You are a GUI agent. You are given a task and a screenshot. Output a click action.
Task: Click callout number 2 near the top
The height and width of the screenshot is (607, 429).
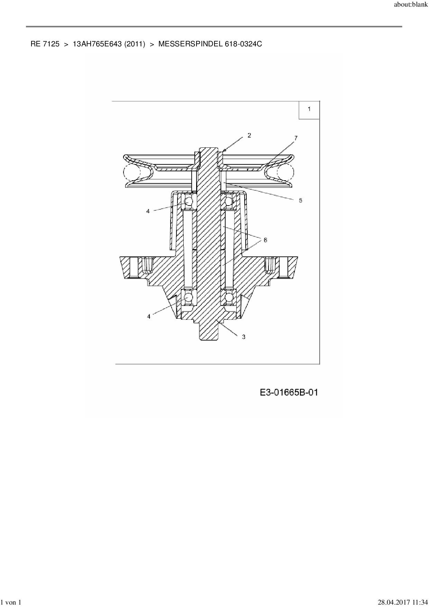pyautogui.click(x=249, y=135)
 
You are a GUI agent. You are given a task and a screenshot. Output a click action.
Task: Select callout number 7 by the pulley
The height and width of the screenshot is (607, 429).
pyautogui.click(x=296, y=138)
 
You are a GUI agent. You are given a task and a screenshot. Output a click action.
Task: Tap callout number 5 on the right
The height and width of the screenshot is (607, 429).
pyautogui.click(x=300, y=200)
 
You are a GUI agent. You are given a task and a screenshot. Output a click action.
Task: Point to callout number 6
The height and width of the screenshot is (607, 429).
pyautogui.click(x=265, y=240)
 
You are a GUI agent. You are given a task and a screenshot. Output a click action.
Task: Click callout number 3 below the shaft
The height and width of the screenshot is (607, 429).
pyautogui.click(x=244, y=336)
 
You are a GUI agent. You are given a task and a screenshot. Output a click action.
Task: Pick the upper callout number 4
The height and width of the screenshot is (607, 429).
pyautogui.click(x=148, y=211)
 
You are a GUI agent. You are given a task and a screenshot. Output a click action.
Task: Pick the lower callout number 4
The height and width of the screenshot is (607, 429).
pyautogui.click(x=149, y=316)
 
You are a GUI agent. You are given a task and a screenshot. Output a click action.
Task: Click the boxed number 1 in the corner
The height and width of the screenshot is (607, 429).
pyautogui.click(x=309, y=109)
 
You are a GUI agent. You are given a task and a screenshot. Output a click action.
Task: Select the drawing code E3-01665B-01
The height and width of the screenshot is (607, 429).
pyautogui.click(x=289, y=392)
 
